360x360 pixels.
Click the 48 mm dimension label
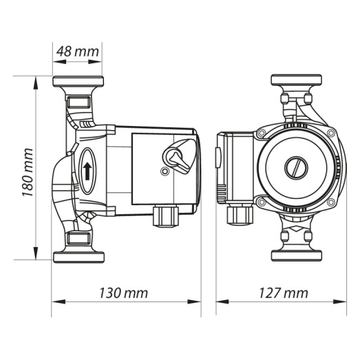(x=77, y=51)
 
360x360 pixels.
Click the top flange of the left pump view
(x=78, y=82)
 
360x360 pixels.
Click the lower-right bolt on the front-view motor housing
(x=330, y=202)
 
